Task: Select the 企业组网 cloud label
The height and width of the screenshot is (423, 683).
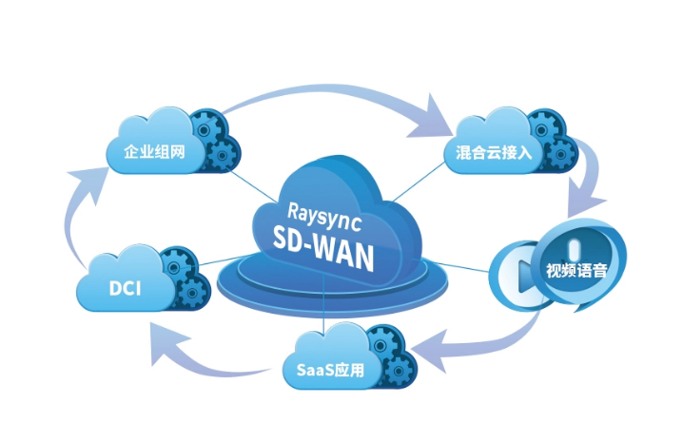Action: click(x=156, y=151)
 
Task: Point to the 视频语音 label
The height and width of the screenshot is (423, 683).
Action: click(x=576, y=269)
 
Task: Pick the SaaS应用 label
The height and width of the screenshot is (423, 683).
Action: click(x=324, y=368)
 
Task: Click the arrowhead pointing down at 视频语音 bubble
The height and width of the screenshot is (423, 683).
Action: click(x=581, y=203)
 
